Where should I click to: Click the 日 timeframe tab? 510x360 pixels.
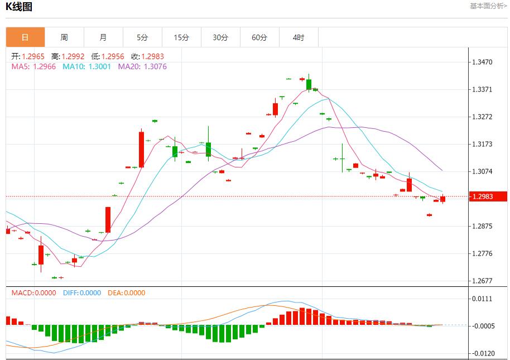pos(25,37)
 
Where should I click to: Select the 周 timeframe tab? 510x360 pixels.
pos(64,37)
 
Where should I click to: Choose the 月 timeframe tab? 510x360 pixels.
pos(103,37)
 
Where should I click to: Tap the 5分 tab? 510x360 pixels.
pos(142,37)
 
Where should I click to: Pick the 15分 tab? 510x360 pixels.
pos(181,37)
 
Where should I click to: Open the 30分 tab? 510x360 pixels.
pos(220,37)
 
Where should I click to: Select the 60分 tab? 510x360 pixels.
pos(259,37)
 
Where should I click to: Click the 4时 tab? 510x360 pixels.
pos(299,37)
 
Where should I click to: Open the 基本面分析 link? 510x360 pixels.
pos(488,6)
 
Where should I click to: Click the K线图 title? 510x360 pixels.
pos(19,7)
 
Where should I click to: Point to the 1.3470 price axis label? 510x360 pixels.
pos(482,62)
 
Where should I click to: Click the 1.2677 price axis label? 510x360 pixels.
pos(482,281)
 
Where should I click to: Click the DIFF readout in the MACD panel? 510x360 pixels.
pos(81,293)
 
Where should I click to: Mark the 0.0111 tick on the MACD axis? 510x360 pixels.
pos(482,299)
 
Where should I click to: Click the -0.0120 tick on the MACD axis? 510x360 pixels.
pos(482,353)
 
